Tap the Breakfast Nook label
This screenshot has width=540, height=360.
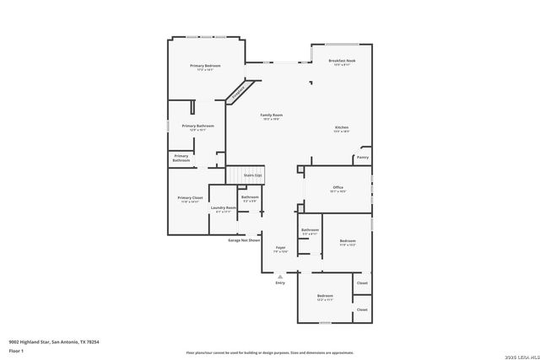tap(341, 62)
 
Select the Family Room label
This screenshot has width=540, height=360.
tap(271, 115)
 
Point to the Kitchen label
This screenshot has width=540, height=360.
tap(341, 127)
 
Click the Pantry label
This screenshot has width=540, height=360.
tap(363, 157)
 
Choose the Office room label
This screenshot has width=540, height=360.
tap(337, 187)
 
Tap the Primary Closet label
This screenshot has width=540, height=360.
tap(190, 198)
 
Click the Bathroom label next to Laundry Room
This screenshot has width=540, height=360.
tap(250, 197)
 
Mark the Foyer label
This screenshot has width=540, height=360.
tap(280, 248)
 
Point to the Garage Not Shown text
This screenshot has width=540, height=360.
tap(244, 240)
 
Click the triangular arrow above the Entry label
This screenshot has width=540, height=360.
tap(280, 275)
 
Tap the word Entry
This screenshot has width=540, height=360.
tap(280, 282)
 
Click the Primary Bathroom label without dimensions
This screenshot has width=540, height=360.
tap(181, 157)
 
